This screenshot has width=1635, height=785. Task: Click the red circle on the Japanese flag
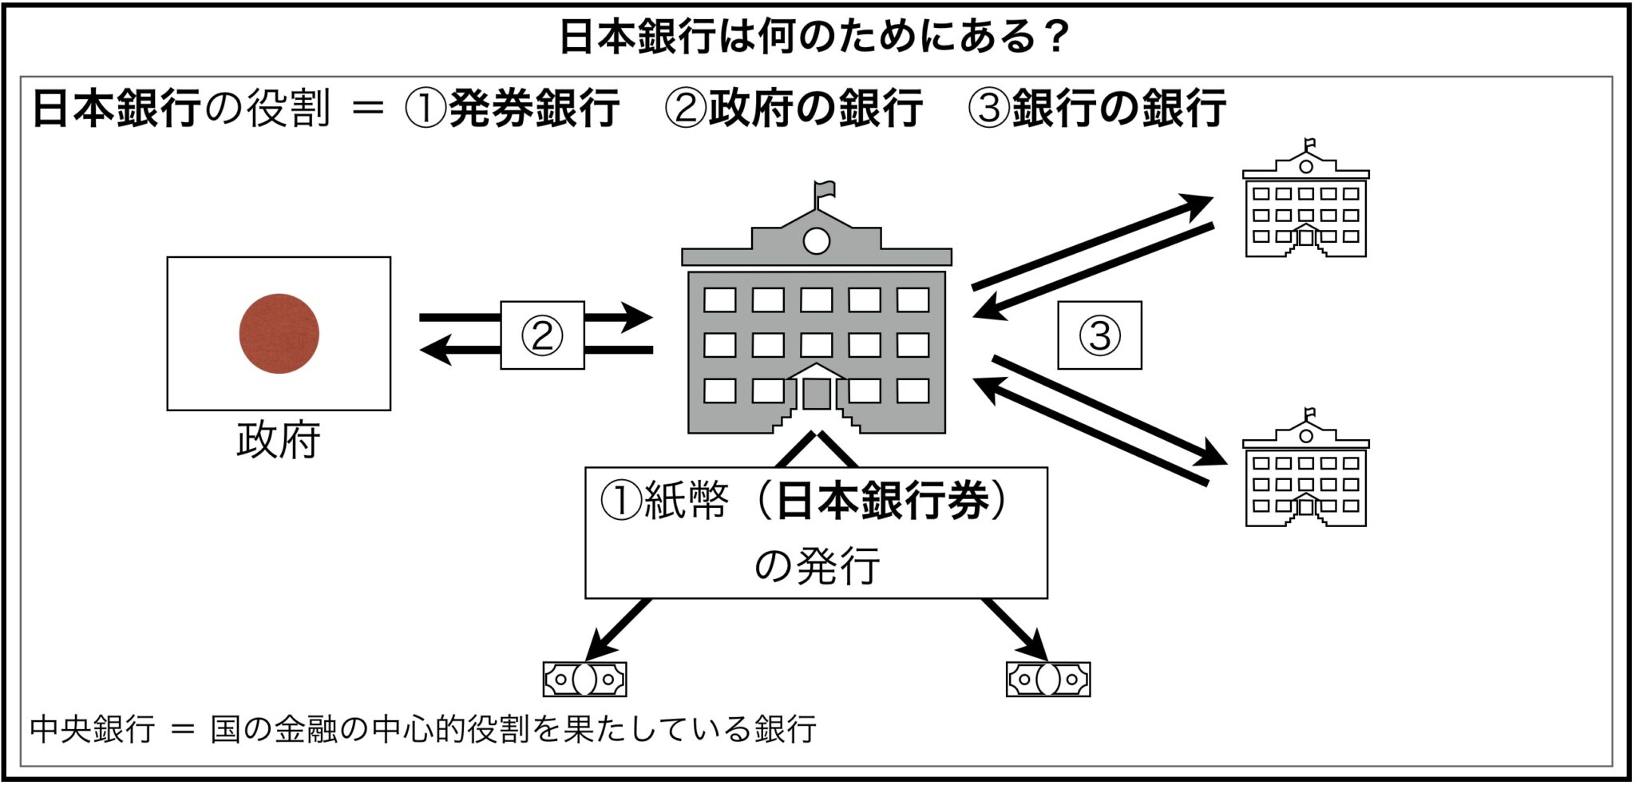pos(279,333)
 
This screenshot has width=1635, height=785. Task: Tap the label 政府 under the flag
pos(278,440)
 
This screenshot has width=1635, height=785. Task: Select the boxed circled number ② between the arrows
pos(542,335)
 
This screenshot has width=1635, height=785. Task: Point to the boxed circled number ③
pos(1099,335)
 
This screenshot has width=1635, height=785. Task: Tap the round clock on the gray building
pos(816,240)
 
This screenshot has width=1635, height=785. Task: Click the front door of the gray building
pos(816,394)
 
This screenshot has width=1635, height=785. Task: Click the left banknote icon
pos(584,680)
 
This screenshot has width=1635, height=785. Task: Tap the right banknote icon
pos(1047,680)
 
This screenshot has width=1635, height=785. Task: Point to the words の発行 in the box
pos(816,565)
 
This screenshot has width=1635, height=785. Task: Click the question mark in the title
pos(1059,36)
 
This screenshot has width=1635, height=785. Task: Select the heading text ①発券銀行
pos(512,108)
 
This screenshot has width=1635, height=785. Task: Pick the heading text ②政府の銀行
pos(793,108)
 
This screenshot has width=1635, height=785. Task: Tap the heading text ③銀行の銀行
pos(1096,108)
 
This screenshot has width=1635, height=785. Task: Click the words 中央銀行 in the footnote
pos(92,729)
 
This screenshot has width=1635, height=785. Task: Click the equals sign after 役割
pos(367,108)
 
